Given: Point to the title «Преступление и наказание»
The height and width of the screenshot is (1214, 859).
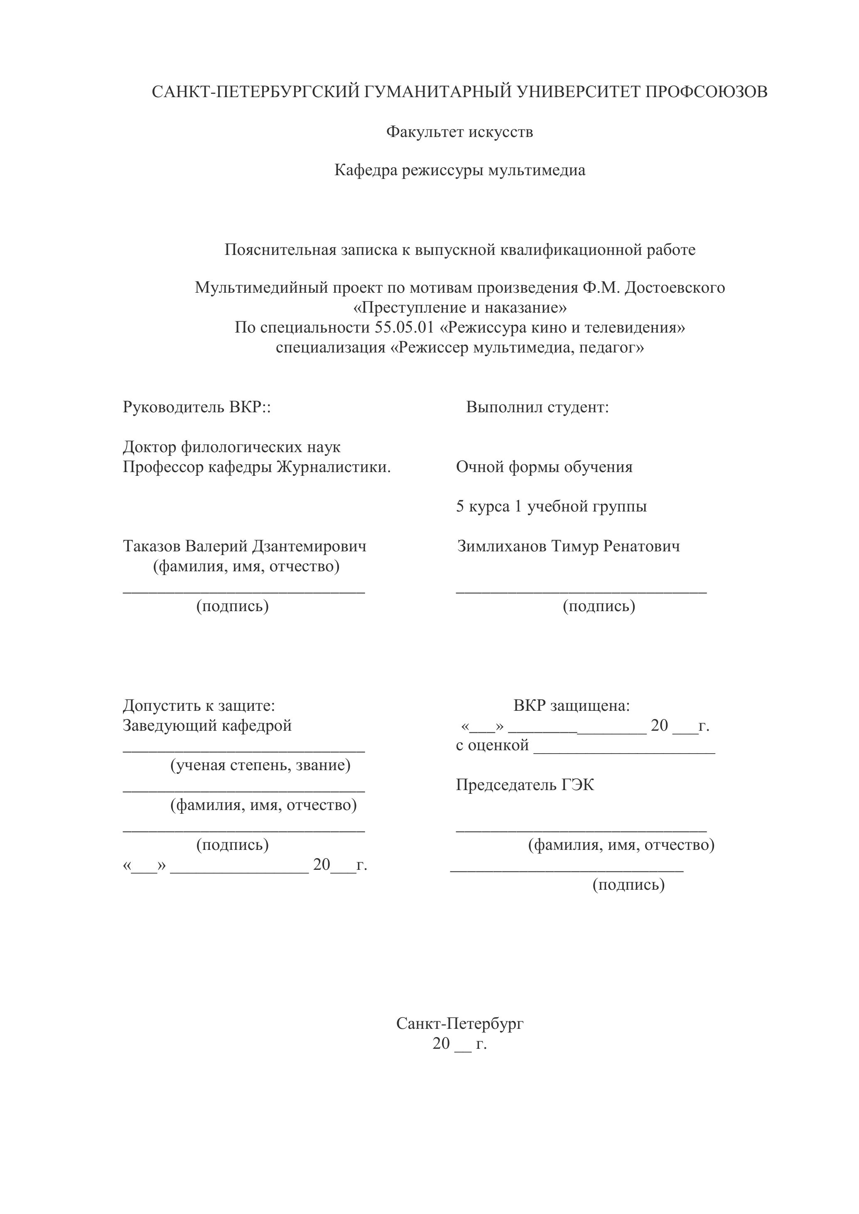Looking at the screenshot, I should [460, 308].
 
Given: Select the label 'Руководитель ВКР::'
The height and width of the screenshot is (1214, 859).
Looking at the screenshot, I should [197, 407].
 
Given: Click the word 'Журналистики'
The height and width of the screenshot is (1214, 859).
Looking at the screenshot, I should [333, 467].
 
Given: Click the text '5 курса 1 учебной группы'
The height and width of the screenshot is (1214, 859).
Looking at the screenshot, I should [551, 507].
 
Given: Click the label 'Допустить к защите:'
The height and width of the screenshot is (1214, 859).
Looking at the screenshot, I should [199, 705].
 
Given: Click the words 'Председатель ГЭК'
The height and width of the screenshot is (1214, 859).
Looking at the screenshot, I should [525, 785].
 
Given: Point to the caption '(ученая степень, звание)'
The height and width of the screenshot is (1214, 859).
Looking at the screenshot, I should [260, 765].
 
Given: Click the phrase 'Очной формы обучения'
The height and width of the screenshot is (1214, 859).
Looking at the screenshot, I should [544, 467].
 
